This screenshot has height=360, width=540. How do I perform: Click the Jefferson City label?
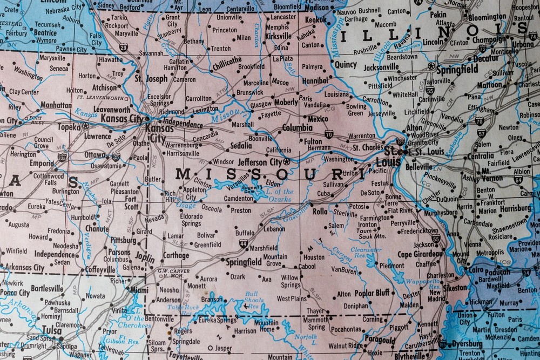[260, 161]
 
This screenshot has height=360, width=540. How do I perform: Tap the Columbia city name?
[297, 128]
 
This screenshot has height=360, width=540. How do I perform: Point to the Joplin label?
[145, 258]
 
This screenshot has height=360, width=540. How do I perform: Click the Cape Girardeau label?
[420, 254]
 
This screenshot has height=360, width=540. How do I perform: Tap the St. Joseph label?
[151, 78]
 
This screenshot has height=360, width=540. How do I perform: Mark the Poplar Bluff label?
[372, 293]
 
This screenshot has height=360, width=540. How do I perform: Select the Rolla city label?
[320, 212]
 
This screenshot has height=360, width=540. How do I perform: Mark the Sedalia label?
[241, 146]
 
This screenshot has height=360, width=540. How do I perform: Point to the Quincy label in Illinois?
[346, 64]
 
